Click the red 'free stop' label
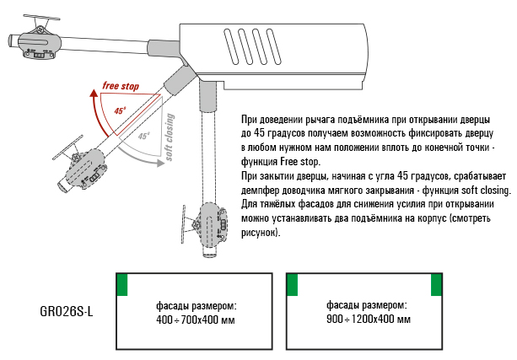(x=121, y=86)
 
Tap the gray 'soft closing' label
(x=170, y=137)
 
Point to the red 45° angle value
(x=121, y=110)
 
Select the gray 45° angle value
(x=143, y=136)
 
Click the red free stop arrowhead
(x=94, y=94)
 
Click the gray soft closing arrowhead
(x=160, y=163)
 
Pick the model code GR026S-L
(x=67, y=311)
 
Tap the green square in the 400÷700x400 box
(x=122, y=285)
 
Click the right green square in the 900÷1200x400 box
(x=436, y=285)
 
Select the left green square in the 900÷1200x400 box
(x=293, y=285)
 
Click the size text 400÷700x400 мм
(x=196, y=320)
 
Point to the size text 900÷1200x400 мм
(x=369, y=320)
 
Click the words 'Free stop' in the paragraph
(x=300, y=162)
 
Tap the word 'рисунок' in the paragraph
(x=258, y=233)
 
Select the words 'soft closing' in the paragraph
(x=485, y=191)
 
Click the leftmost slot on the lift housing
(x=231, y=46)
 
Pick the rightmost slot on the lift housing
(x=273, y=46)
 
